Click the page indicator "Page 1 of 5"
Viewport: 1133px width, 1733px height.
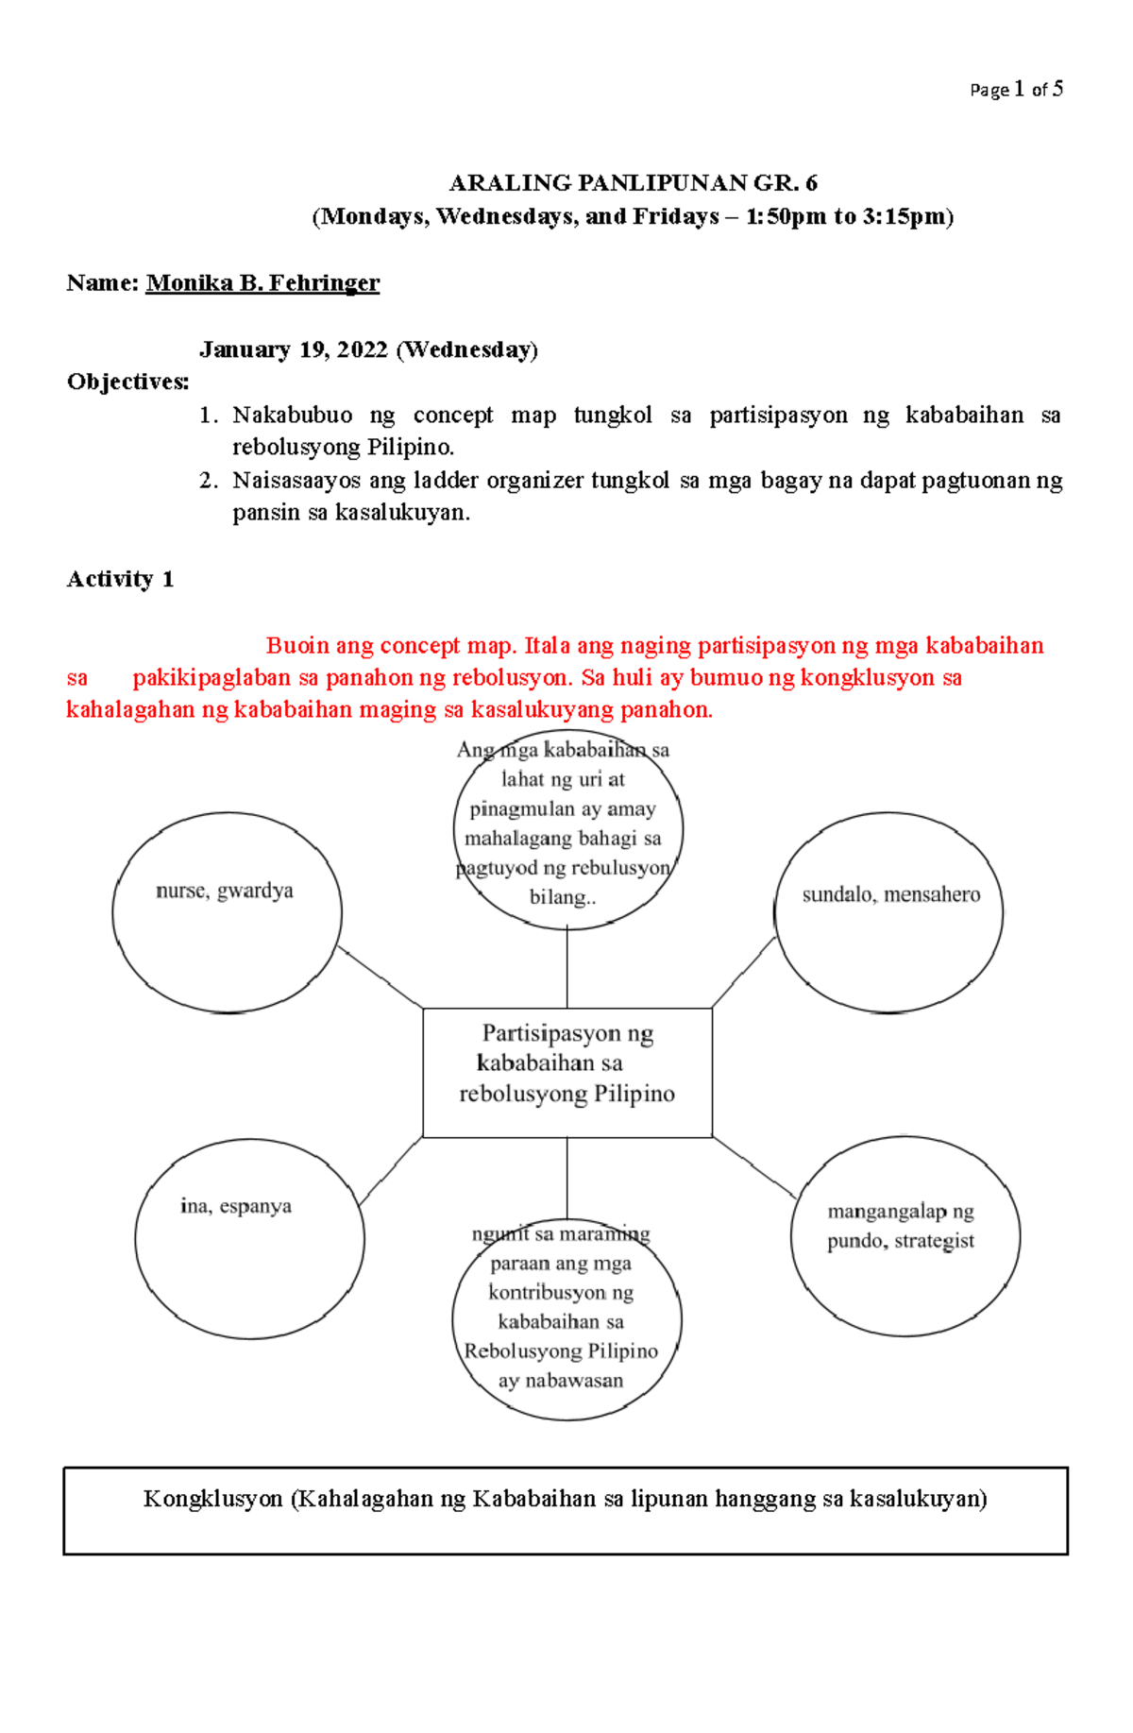click(1016, 90)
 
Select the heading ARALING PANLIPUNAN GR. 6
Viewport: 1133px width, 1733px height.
click(633, 182)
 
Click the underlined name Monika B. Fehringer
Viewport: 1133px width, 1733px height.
click(262, 282)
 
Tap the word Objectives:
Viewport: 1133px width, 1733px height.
click(127, 382)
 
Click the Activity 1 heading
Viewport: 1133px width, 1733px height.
click(120, 579)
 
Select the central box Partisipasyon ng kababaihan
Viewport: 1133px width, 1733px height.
click(566, 1072)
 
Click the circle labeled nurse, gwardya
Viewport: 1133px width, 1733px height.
click(227, 913)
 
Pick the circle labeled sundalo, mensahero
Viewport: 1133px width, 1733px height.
click(888, 913)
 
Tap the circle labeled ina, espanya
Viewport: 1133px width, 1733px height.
click(249, 1239)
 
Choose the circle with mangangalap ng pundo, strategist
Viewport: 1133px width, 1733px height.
click(905, 1236)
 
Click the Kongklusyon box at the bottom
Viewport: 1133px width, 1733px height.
click(566, 1510)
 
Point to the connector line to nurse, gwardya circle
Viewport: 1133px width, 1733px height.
click(380, 977)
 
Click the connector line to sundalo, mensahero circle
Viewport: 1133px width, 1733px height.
click(743, 972)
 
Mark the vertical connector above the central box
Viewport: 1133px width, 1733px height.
click(567, 968)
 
